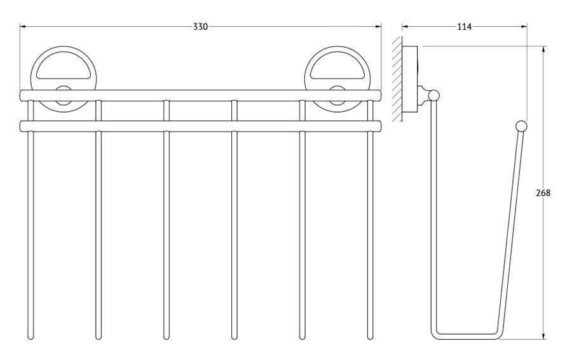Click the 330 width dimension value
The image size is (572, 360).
[200, 27]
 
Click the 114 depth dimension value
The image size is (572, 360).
[464, 27]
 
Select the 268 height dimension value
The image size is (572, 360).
[543, 193]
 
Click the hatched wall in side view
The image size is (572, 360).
[397, 79]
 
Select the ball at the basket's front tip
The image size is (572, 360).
[521, 126]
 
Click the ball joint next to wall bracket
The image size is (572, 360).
[433, 95]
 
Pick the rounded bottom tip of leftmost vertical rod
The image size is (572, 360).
[31, 337]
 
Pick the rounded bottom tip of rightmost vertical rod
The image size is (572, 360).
[371, 337]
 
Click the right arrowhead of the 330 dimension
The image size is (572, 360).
[378, 26]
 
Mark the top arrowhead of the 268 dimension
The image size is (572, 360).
[544, 49]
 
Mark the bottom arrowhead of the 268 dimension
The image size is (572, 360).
[544, 336]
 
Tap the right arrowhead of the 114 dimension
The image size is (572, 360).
[524, 26]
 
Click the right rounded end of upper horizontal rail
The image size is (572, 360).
[379, 95]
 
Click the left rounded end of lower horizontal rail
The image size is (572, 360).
[22, 127]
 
